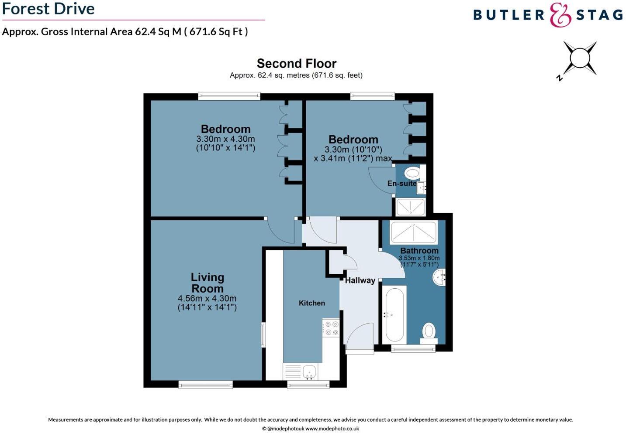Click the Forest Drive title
coord(48,9)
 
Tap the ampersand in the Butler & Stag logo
coord(560,15)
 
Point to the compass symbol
coord(580,58)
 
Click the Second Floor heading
coord(296,64)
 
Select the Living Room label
coord(207,283)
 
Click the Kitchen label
coord(311,303)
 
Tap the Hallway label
coord(360,280)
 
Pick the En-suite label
coord(401,184)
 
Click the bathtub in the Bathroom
coord(394,314)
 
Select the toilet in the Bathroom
coord(429,331)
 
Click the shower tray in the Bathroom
coord(413,232)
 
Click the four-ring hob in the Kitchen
coord(331,328)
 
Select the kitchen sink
coord(310,372)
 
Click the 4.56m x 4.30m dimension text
coord(207,299)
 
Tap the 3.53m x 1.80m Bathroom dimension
coord(419,258)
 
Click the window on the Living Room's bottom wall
coord(205,384)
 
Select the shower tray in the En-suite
coord(410,207)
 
